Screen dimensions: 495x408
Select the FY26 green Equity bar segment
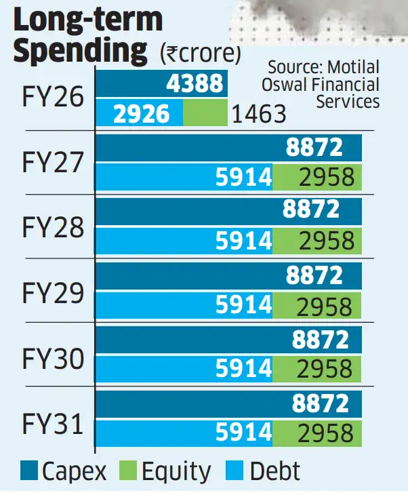205,113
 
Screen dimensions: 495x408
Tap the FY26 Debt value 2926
141,113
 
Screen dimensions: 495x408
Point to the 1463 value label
258,114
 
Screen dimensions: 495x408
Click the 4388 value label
195,83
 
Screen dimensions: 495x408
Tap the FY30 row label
52,357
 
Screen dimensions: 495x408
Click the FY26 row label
52,98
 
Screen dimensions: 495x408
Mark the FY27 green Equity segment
317,178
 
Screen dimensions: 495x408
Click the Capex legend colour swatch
29,470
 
